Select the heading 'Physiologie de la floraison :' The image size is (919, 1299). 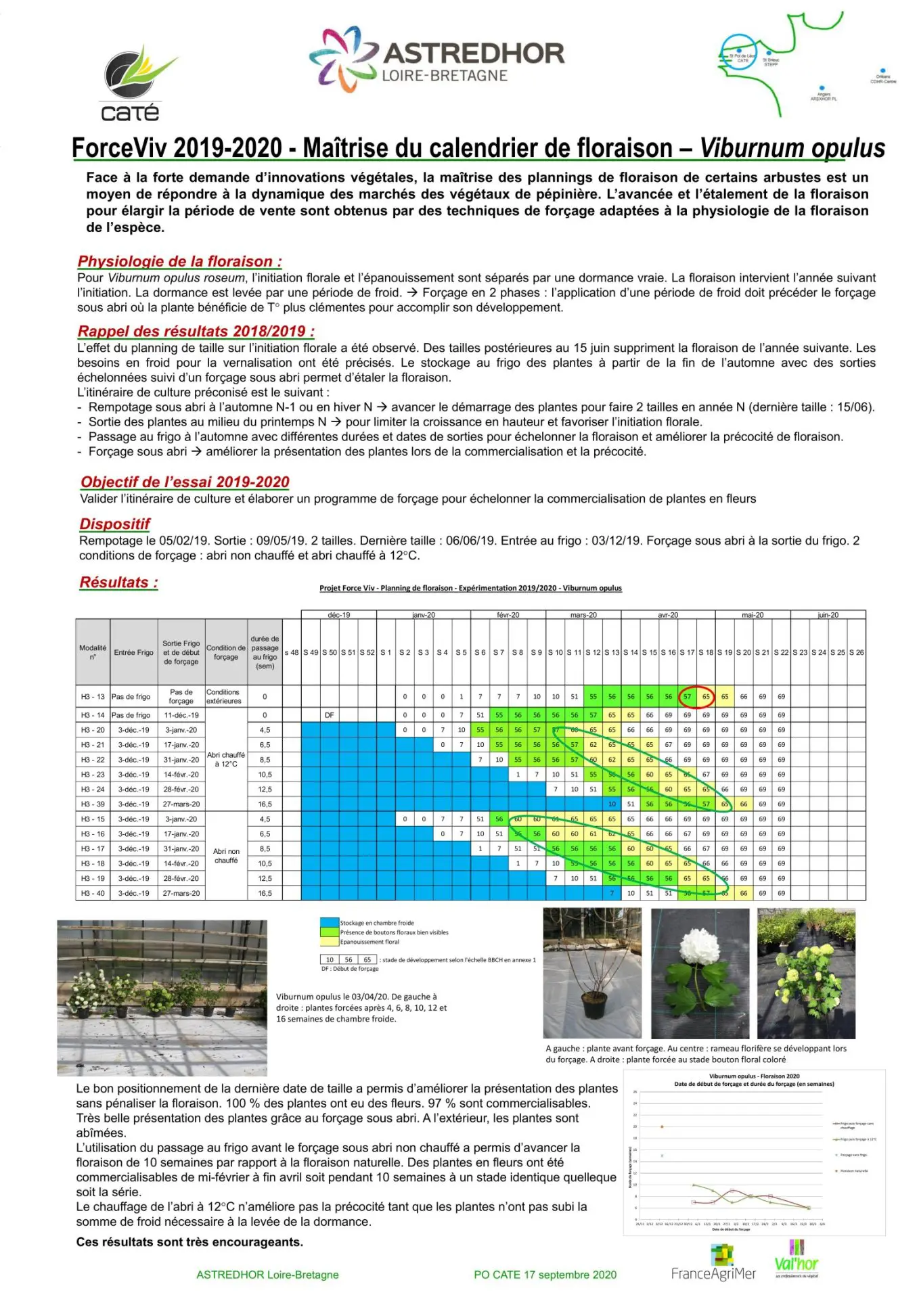tap(179, 261)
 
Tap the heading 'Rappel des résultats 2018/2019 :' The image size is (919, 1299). tap(196, 331)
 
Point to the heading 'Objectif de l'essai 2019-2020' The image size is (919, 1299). tap(185, 482)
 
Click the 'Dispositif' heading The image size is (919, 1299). tap(114, 524)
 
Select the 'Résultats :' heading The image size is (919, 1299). tap(118, 583)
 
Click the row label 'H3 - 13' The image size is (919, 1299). tap(93, 696)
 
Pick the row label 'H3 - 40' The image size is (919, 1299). tap(93, 893)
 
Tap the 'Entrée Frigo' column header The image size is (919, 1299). tap(133, 652)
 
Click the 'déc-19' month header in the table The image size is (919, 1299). tap(338, 615)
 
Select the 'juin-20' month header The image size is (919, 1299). tap(828, 615)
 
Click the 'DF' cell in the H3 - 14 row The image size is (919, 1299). tap(329, 715)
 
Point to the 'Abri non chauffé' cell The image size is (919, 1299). tap(226, 856)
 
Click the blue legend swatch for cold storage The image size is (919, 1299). tap(329, 922)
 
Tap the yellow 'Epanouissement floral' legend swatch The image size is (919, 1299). tap(329, 941)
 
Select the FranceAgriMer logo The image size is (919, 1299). tap(714, 1266)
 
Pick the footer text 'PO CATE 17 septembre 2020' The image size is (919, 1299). tap(545, 1275)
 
